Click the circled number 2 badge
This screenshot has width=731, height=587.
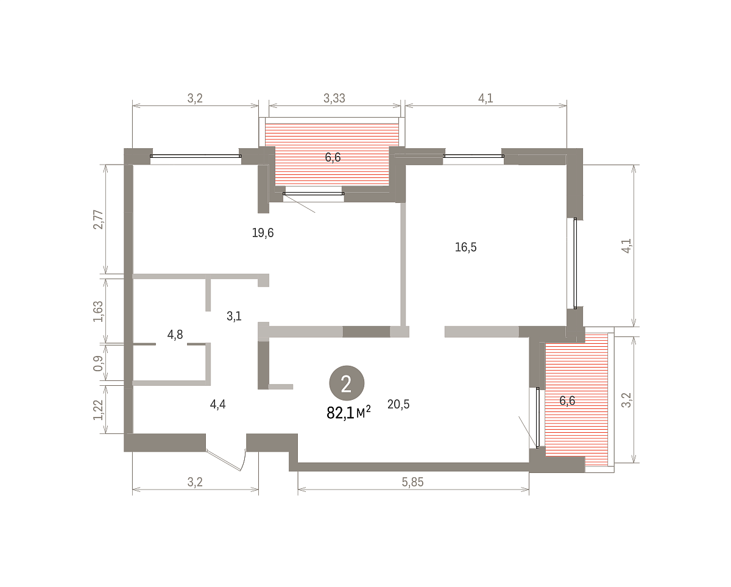(347, 383)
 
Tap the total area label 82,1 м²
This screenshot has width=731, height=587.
(348, 413)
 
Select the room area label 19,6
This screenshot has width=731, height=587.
(263, 233)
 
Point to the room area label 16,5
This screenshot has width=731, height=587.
(465, 247)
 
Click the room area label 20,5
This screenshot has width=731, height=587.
(398, 404)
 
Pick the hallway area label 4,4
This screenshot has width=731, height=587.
(217, 404)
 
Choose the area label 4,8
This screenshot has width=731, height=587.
(175, 335)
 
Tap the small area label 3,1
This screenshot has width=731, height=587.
(234, 316)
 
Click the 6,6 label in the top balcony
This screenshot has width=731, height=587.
(333, 157)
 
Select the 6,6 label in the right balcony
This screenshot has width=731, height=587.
(567, 400)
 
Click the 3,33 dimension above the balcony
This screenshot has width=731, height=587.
(334, 98)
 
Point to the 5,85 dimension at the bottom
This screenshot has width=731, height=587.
(412, 482)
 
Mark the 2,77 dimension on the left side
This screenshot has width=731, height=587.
(98, 219)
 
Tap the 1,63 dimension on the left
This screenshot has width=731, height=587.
(98, 311)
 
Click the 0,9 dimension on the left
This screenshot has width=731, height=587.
(98, 363)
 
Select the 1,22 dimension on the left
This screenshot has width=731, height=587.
(98, 410)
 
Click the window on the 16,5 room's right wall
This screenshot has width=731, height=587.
(575, 263)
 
